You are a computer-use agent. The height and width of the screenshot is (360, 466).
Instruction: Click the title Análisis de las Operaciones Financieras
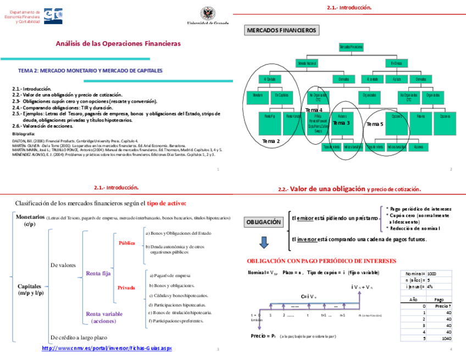point(118,43)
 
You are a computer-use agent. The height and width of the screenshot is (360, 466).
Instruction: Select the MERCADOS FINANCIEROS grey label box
point(281,30)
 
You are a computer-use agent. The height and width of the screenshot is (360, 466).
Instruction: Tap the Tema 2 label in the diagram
point(271,141)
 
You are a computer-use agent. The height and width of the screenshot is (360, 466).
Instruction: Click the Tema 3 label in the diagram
point(341,123)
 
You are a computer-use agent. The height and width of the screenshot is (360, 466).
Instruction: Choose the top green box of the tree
point(351,47)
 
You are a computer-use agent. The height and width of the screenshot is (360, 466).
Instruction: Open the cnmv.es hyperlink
point(107,348)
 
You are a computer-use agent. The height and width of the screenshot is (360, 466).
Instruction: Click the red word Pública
point(127,242)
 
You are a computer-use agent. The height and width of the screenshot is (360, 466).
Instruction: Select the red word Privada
point(126,287)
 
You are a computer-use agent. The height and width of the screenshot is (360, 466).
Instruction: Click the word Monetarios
point(30,217)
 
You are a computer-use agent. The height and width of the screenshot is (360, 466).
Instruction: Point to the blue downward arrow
point(264,242)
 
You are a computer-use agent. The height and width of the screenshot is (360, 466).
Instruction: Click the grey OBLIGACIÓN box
point(264,222)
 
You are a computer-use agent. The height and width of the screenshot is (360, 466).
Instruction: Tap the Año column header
point(414,299)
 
